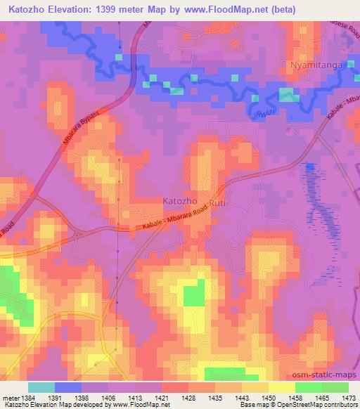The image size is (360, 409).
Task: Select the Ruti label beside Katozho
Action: point(218,200)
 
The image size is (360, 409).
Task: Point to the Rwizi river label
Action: point(264,112)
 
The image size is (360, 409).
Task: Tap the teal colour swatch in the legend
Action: point(41,387)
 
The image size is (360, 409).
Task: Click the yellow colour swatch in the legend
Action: point(281,387)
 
